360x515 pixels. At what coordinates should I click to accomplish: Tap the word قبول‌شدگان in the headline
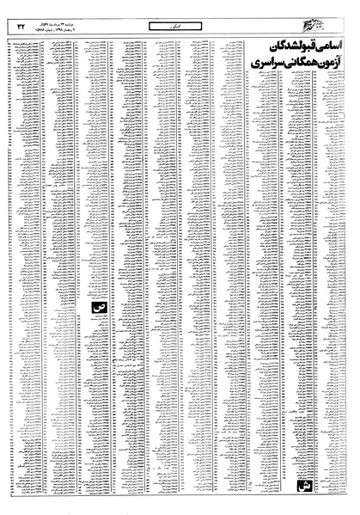click(x=280, y=47)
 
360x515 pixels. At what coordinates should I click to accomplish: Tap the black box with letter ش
click(x=302, y=487)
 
